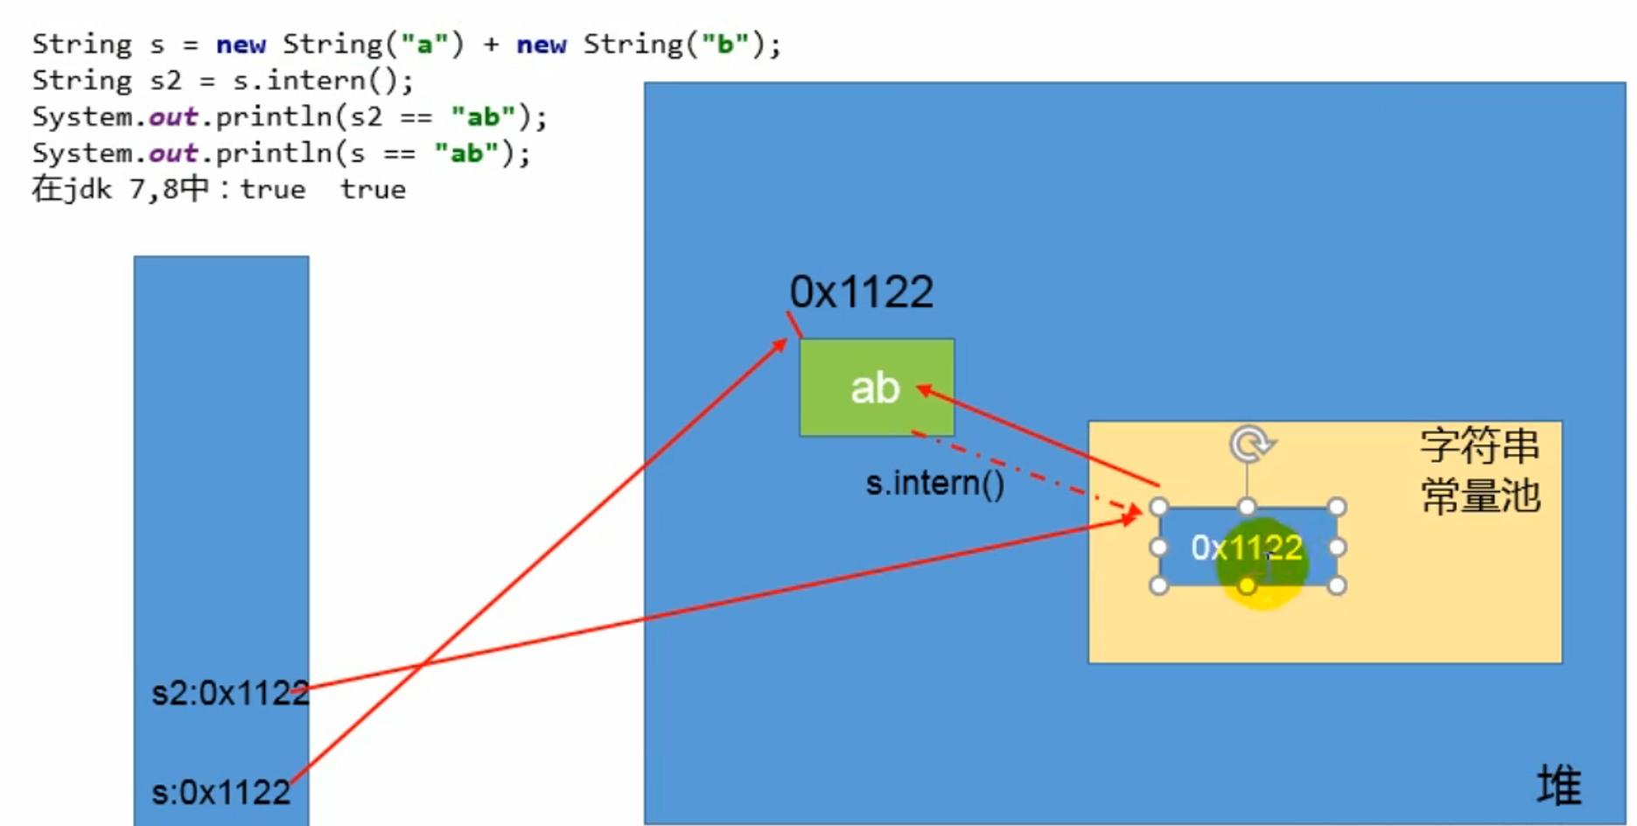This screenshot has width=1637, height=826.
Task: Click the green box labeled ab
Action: [x=876, y=388]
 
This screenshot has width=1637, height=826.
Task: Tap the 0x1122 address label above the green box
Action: [x=861, y=292]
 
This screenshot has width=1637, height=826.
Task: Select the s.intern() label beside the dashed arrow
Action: [x=934, y=483]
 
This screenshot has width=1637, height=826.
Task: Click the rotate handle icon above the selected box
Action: [x=1250, y=444]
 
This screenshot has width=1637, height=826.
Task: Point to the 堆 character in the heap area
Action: [x=1559, y=784]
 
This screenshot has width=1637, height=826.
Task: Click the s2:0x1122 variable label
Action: [x=229, y=693]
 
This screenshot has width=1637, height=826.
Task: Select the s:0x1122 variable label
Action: [x=220, y=793]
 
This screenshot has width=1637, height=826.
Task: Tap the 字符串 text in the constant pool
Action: [x=1480, y=446]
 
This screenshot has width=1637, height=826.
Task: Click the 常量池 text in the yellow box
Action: [x=1480, y=496]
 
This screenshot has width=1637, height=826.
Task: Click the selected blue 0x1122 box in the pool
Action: [x=1246, y=548]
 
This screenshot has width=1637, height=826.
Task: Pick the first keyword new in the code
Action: [x=241, y=45]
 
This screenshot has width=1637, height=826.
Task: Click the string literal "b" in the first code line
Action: [x=725, y=45]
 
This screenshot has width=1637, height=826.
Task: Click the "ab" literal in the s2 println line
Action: [x=483, y=117]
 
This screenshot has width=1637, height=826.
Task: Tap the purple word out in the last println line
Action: [x=172, y=154]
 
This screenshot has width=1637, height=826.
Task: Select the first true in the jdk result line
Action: [x=273, y=190]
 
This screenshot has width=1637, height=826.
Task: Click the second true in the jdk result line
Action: [x=373, y=190]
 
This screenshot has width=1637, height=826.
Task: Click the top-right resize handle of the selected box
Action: [x=1336, y=507]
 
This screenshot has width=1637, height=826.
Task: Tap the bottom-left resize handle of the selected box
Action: [x=1158, y=585]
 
